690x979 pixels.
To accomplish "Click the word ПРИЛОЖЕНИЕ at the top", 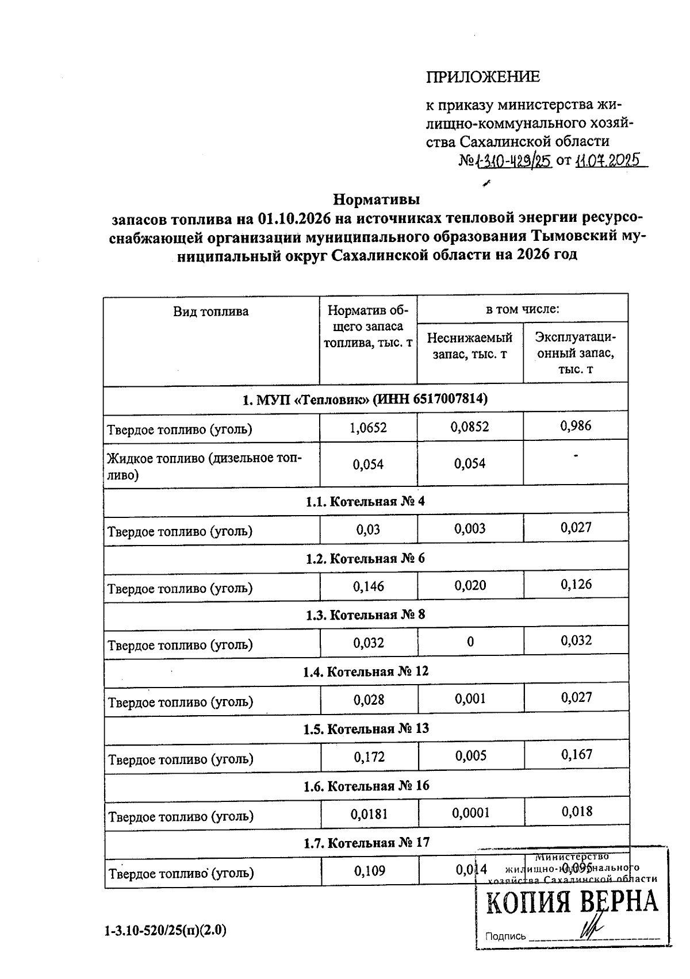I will pyautogui.click(x=482, y=77).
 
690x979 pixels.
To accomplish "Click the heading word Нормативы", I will pyautogui.click(x=377, y=199).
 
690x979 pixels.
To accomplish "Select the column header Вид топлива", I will pyautogui.click(x=211, y=312).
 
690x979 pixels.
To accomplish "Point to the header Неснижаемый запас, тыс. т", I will pyautogui.click(x=469, y=346).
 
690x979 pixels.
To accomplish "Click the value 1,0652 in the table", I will pyautogui.click(x=368, y=428).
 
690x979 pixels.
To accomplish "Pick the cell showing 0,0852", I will pyautogui.click(x=470, y=428).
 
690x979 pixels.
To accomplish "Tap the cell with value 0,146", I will pyautogui.click(x=369, y=586).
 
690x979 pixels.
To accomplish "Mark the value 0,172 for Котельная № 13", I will pyautogui.click(x=369, y=757).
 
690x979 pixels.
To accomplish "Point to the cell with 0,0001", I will pyautogui.click(x=470, y=813).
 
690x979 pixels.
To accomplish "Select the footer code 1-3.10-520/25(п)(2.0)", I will pyautogui.click(x=166, y=930).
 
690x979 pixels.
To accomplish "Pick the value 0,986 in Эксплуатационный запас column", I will pyautogui.click(x=575, y=426).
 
